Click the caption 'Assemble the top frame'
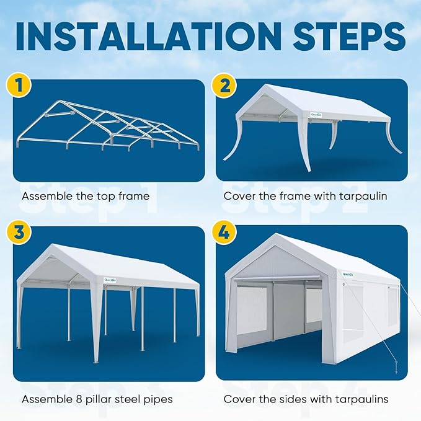pyautogui.click(x=86, y=196)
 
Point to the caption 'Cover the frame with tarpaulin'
pyautogui.click(x=305, y=196)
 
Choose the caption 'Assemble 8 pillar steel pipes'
pyautogui.click(x=97, y=399)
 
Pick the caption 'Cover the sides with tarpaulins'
pyautogui.click(x=306, y=399)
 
